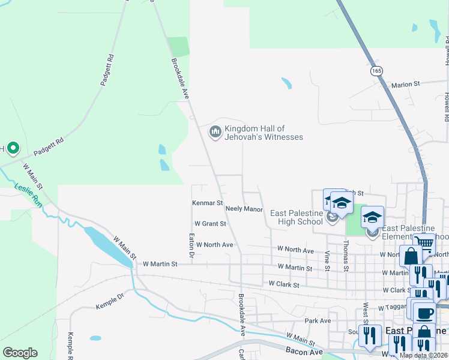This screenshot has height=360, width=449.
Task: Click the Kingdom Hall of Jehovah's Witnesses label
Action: tap(264, 133)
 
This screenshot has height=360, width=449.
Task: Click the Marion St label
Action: tap(405, 85)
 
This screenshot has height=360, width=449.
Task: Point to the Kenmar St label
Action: tap(207, 203)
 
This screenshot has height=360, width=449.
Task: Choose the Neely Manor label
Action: tap(244, 209)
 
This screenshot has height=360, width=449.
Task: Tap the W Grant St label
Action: tap(210, 224)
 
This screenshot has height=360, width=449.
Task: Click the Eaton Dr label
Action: tap(191, 246)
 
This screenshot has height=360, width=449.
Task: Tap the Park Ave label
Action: tap(318, 321)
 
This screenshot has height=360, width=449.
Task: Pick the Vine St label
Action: tap(328, 260)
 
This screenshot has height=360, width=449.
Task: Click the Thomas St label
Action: tap(346, 256)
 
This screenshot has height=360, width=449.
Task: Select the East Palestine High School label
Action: tap(297, 217)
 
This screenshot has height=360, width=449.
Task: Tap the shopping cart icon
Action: tap(424, 242)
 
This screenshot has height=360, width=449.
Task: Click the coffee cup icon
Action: tap(424, 313)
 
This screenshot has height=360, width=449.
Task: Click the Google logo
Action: tap(20, 352)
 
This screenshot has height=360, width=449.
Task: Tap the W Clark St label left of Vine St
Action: tap(284, 284)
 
